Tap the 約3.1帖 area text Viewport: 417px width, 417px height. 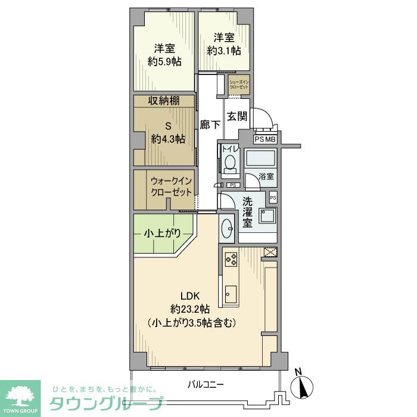pyautogui.click(x=225, y=51)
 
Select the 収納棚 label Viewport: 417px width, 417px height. pyautogui.click(x=164, y=101)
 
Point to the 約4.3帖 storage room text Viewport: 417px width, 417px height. pyautogui.click(x=167, y=139)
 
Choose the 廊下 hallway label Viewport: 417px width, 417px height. pyautogui.click(x=210, y=125)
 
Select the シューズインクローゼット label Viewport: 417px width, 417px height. pyautogui.click(x=239, y=84)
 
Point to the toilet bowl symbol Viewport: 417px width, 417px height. pyautogui.click(x=231, y=163)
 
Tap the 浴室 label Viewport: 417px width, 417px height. pyautogui.click(x=266, y=176)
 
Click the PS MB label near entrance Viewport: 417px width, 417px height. pyautogui.click(x=265, y=139)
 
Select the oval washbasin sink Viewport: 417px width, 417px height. pyautogui.click(x=228, y=227)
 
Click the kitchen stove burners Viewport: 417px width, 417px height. pyautogui.click(x=231, y=259)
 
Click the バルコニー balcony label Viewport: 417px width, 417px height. pyautogui.click(x=205, y=384)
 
